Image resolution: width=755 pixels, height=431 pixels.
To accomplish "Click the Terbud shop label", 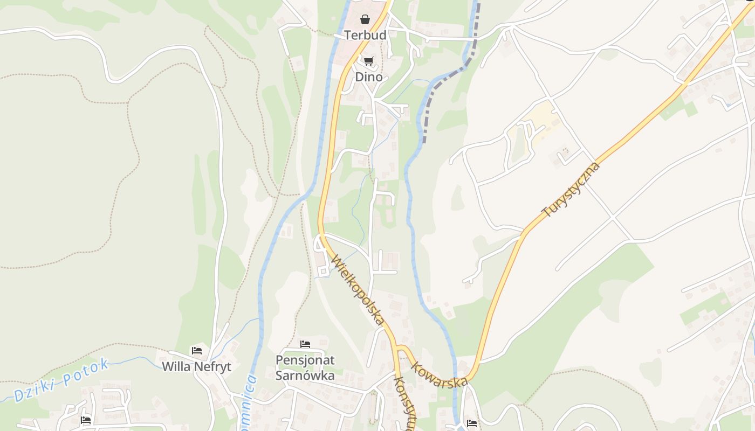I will (x=365, y=35).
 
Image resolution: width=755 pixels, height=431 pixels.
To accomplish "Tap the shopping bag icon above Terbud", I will (x=365, y=20).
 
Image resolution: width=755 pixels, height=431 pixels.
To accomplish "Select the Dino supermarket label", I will (x=369, y=77).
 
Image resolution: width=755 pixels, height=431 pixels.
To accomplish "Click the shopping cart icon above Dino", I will (x=368, y=61).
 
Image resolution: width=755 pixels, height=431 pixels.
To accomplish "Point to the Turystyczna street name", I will (x=571, y=189).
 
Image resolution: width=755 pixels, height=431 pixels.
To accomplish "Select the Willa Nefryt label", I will (x=197, y=367).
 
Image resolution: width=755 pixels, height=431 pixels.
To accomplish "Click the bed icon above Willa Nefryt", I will (x=197, y=351).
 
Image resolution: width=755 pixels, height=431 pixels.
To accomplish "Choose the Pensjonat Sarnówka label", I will (x=305, y=367).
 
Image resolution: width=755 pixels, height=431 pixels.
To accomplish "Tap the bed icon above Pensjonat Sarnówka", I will (x=305, y=344).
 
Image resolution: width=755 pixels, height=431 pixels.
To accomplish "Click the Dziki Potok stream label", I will (x=61, y=380).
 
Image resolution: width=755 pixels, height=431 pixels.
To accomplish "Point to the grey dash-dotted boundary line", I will (x=443, y=81).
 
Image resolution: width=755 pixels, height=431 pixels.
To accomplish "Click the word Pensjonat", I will (x=305, y=360).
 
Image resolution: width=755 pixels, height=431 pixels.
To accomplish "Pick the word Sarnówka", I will (x=305, y=375).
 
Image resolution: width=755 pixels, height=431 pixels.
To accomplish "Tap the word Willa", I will (x=176, y=367).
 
